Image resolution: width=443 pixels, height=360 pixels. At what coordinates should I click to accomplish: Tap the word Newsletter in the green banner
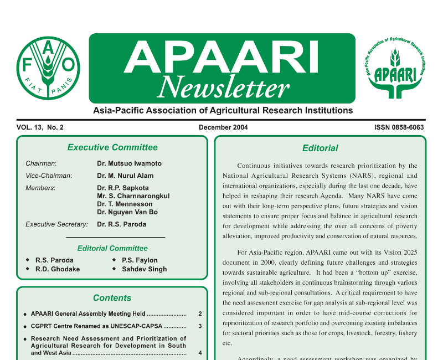pos(223,87)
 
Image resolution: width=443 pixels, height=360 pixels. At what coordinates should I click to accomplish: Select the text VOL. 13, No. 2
pos(40,127)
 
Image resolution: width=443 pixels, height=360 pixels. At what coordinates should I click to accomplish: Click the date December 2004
pos(223,127)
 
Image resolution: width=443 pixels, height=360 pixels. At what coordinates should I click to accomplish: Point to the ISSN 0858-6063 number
pos(399,127)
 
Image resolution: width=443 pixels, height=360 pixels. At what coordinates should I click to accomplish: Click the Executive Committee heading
pos(112,147)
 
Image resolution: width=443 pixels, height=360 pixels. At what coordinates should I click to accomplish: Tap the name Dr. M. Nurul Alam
pos(125,176)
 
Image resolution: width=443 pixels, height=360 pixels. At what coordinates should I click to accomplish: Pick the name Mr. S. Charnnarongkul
pos(133,196)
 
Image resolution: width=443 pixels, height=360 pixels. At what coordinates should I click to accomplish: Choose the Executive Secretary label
pos(56,224)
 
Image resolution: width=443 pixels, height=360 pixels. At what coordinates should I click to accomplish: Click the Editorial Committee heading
pos(112,248)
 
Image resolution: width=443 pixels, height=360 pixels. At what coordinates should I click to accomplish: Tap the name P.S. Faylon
pos(140,260)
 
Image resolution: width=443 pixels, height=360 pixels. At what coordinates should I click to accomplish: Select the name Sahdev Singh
pos(144,269)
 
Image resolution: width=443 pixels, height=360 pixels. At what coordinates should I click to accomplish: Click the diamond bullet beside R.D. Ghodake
pos(28,269)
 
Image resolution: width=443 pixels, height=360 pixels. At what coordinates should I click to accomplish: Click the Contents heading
pos(112,298)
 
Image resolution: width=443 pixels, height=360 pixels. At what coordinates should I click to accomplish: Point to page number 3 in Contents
pos(200,326)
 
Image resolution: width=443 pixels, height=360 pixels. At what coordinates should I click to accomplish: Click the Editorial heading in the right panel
pos(320,148)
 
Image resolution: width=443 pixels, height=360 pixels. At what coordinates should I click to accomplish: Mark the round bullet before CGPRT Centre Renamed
pos(25,327)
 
